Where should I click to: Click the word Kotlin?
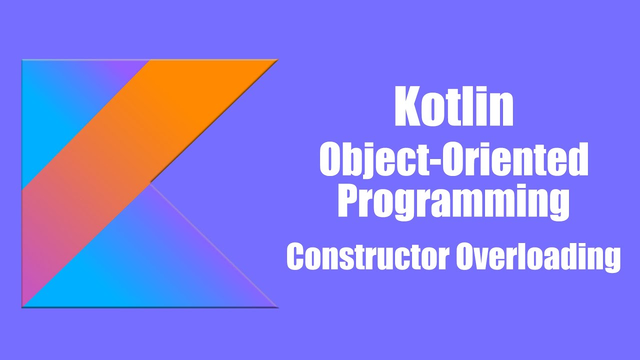(453, 107)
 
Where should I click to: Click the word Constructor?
(367, 257)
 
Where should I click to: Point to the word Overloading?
(538, 258)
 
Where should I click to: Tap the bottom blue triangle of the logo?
(150, 265)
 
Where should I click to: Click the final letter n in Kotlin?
(503, 111)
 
